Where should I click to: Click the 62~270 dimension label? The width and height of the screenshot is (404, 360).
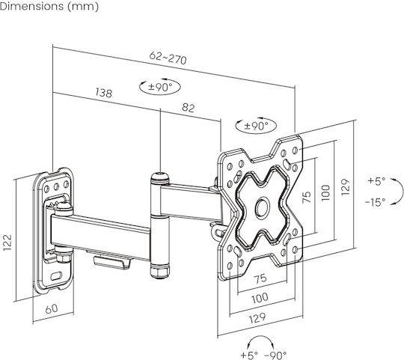(168, 58)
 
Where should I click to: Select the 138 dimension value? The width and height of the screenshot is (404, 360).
(103, 93)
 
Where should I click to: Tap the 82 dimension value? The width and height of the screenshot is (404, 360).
(188, 108)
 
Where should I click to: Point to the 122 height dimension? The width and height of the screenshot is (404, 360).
(7, 242)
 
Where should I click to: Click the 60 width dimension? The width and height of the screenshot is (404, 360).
(52, 308)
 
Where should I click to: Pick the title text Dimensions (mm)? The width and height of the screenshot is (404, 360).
(49, 7)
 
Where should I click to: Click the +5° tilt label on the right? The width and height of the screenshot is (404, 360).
(376, 181)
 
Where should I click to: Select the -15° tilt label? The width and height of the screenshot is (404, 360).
(375, 202)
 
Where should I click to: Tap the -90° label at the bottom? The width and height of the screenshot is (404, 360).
(275, 356)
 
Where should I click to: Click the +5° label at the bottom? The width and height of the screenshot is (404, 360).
(249, 356)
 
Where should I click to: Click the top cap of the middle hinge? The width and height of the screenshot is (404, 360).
(160, 178)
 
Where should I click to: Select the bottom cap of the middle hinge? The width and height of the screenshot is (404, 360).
(160, 272)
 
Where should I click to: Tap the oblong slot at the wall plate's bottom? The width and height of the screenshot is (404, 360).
(56, 276)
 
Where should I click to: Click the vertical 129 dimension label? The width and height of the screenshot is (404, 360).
(345, 187)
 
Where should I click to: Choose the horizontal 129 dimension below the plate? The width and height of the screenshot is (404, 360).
(257, 318)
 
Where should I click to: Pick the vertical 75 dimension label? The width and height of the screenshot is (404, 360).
(307, 197)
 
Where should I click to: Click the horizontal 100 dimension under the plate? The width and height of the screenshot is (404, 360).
(260, 298)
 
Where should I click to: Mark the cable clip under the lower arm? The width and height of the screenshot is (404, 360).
(111, 262)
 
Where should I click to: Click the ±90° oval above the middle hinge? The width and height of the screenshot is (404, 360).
(160, 87)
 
